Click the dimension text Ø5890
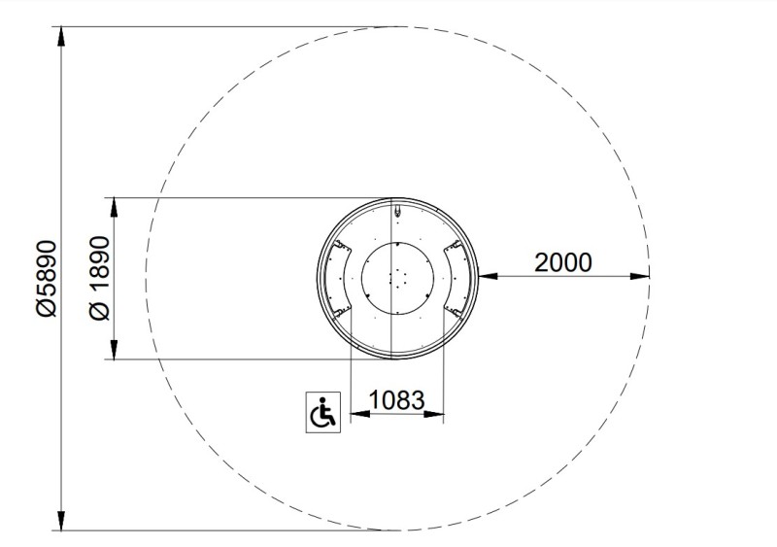click(x=47, y=278)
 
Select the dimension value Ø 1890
click(x=99, y=278)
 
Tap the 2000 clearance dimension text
click(x=563, y=262)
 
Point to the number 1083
click(x=397, y=399)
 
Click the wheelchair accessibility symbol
click(x=323, y=412)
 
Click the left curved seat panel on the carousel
click(x=336, y=279)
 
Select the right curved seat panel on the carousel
click(x=456, y=279)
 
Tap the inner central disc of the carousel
click(x=397, y=278)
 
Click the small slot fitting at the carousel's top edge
click(x=397, y=211)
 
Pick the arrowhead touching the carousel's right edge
click(x=488, y=276)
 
